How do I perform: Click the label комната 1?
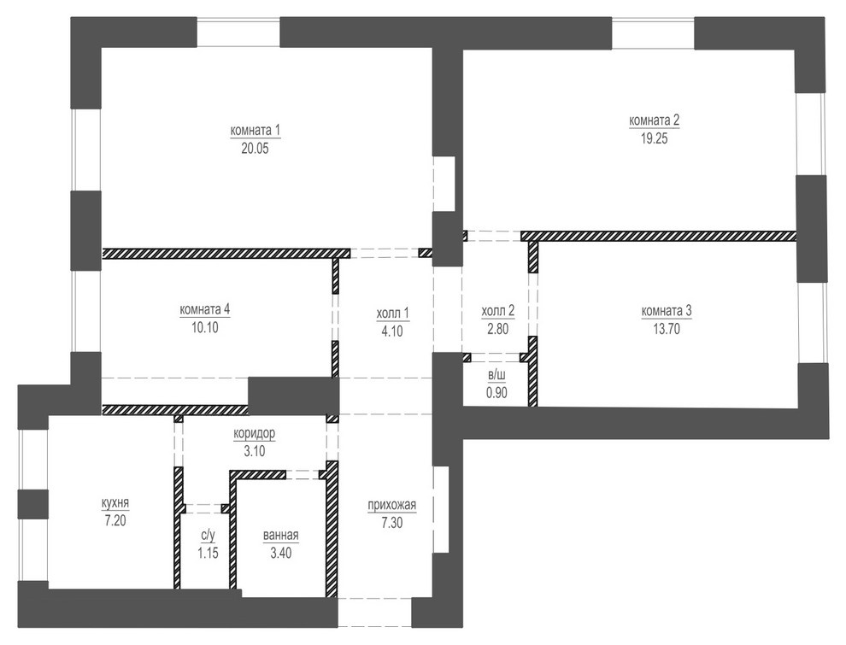[256, 131]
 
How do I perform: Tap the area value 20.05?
[256, 147]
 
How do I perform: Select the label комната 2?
[654, 120]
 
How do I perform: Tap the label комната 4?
[206, 309]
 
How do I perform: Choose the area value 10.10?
[206, 325]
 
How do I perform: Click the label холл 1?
[393, 313]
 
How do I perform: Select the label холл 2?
[498, 313]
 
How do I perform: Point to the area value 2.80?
[498, 328]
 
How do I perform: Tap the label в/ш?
[496, 376]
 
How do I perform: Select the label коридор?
[255, 434]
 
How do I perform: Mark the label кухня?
[115, 503]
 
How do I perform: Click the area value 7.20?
[115, 519]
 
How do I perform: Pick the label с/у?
[208, 537]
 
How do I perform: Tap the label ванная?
[281, 537]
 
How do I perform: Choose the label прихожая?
[391, 505]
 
